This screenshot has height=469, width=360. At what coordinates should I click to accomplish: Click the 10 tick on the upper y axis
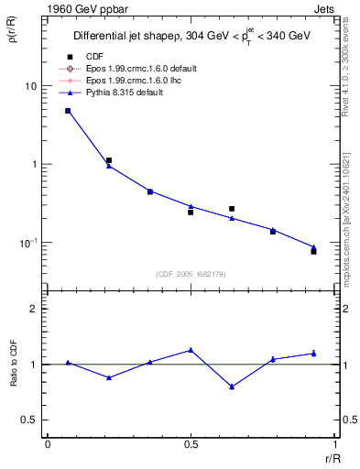pos(30,86)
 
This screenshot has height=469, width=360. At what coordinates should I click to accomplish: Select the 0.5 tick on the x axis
pos(191,444)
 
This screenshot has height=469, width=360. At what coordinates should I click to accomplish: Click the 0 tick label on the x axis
pos(48,444)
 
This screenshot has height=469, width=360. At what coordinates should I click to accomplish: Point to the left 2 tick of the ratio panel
pos(37,309)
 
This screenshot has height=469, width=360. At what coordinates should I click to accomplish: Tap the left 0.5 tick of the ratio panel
pos(32,420)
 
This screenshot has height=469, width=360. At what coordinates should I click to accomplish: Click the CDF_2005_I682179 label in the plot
pos(191,274)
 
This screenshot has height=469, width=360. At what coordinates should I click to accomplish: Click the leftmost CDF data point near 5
pos(68,111)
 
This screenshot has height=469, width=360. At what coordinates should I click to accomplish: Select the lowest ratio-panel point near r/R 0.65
pos(232,387)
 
